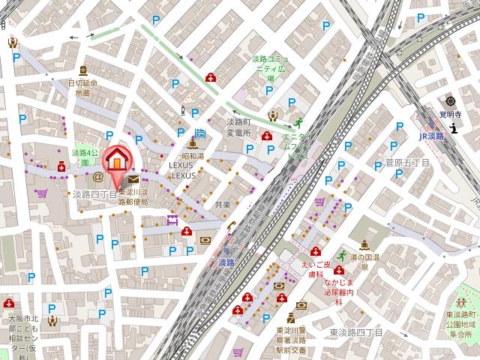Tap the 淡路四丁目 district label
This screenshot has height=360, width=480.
click(94, 194)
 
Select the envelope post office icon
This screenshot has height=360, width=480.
click(133, 179)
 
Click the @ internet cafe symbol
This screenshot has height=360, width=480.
click(97, 178)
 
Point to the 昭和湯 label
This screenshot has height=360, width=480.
click(193, 156)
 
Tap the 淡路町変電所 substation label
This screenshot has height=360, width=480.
click(238, 127)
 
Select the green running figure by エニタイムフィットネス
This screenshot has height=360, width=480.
click(298, 122)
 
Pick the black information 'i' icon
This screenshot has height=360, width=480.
click(454, 129)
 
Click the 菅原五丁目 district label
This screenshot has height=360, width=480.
click(406, 161)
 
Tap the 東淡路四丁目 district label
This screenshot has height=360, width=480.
click(356, 332)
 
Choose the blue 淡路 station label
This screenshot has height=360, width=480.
click(226, 262)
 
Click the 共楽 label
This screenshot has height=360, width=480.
click(222, 203)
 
